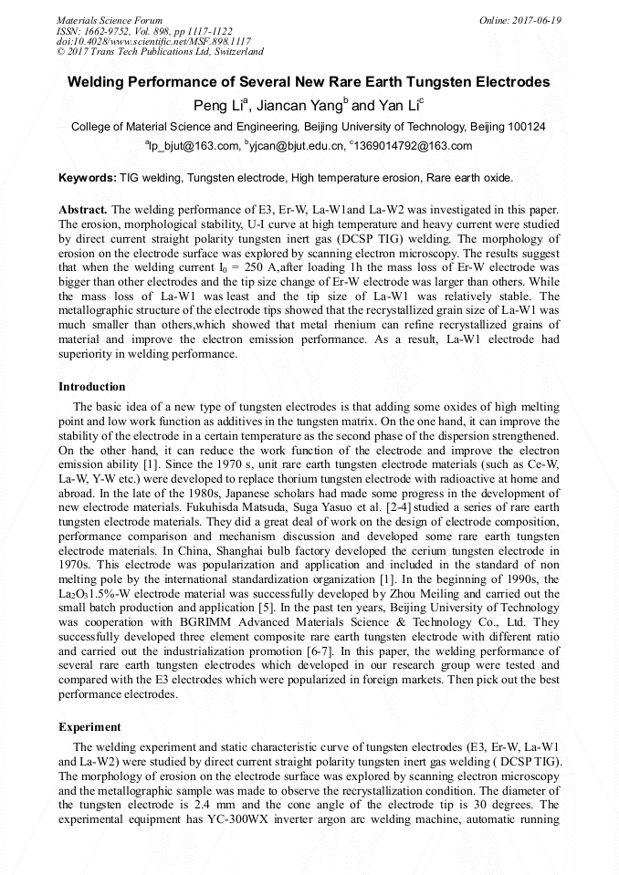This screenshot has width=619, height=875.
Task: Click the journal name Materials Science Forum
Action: coord(110,20)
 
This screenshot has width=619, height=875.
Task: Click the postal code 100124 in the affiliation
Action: coord(527,127)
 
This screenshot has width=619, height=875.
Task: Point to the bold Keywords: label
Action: coord(88,177)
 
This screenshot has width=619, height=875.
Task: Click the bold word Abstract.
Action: coord(83,209)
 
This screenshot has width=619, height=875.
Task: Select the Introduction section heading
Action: coord(92,387)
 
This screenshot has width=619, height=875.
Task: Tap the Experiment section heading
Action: coord(89,727)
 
